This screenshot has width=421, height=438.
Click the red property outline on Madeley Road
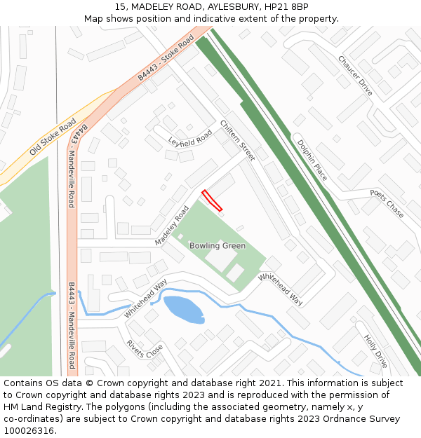tap(212, 200)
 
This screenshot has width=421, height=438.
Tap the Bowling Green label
tap(218, 246)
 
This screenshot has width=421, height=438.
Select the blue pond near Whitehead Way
tap(184, 309)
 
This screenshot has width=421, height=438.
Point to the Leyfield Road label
tap(190, 138)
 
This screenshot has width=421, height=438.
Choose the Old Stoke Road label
tap(53, 137)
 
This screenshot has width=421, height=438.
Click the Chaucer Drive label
tap(355, 76)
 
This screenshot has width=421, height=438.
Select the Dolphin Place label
tap(312, 160)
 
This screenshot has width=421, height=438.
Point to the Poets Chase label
tap(387, 203)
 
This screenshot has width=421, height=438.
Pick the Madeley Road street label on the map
tap(173, 226)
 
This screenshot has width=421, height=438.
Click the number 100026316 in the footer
tap(28, 431)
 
